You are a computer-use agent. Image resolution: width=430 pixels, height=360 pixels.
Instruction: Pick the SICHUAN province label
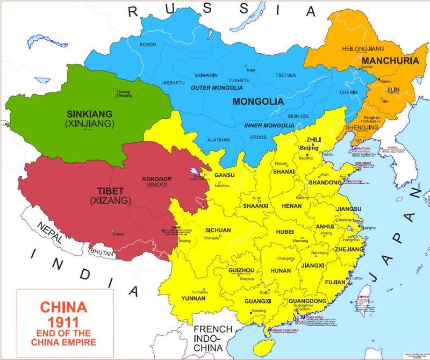pos(218,230)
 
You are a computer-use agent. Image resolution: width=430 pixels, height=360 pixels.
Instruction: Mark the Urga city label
pos(250,70)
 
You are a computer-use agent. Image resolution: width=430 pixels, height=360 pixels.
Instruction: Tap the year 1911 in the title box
pos(53,323)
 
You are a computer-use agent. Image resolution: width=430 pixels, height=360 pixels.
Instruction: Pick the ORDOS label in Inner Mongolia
pos(258,137)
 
